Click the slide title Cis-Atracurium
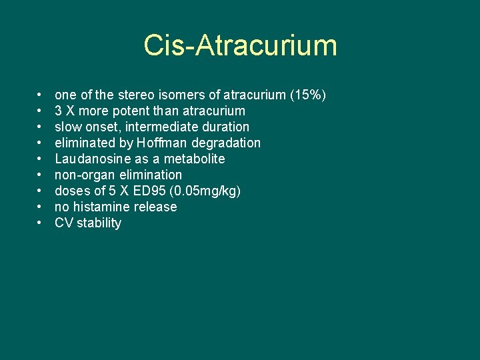click(x=240, y=46)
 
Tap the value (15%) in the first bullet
click(x=308, y=95)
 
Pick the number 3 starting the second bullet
click(x=59, y=111)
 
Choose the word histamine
click(x=102, y=207)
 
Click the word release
click(x=155, y=207)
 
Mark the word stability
click(x=99, y=223)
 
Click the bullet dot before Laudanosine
click(x=41, y=159)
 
